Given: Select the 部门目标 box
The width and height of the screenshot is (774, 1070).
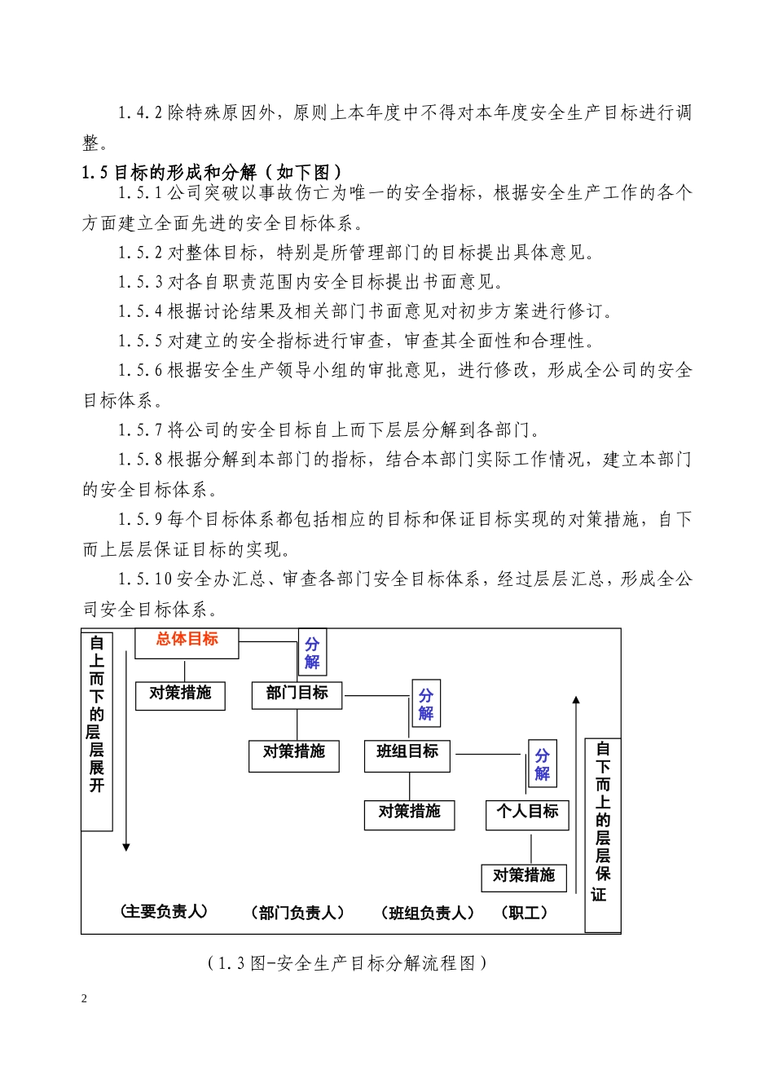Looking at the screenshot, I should (x=297, y=694).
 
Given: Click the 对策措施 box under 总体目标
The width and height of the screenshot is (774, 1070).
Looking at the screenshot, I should (x=180, y=695).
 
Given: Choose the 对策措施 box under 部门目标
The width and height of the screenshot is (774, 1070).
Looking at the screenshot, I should (x=293, y=755).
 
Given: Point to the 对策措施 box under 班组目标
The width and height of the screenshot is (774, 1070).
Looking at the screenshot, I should (x=409, y=814).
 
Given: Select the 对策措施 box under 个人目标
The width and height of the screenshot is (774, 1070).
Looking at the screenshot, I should (x=524, y=877).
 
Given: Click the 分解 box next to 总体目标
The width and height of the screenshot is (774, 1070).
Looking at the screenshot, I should (x=312, y=653).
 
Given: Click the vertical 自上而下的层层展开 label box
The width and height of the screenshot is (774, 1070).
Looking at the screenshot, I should (x=97, y=729).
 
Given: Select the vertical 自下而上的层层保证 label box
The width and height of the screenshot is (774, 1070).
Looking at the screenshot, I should (x=603, y=834).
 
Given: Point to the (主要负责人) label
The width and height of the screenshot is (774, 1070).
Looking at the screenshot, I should (x=164, y=912).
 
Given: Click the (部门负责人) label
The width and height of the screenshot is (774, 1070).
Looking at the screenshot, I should (x=297, y=914).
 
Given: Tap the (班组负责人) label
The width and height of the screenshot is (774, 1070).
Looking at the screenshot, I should (x=427, y=914).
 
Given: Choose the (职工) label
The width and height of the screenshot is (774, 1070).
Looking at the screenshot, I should (x=525, y=914).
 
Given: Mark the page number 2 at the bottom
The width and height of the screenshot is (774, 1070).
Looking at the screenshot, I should (x=85, y=999).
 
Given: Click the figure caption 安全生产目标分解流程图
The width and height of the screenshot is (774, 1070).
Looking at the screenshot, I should (x=348, y=963).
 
